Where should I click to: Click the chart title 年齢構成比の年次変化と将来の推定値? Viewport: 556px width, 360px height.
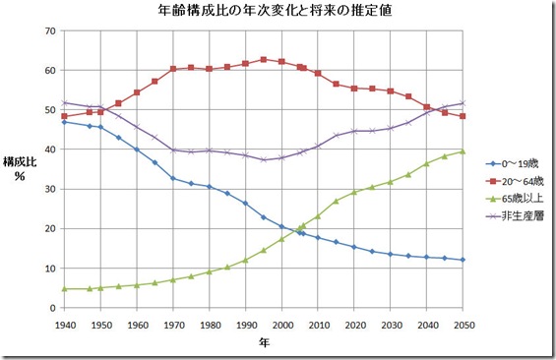click(x=278, y=13)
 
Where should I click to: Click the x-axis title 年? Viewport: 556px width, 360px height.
click(x=263, y=342)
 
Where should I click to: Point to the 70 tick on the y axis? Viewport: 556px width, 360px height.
click(x=49, y=31)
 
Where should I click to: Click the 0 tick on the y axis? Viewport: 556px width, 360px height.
click(x=52, y=308)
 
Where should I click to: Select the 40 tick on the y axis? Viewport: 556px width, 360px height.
click(x=49, y=150)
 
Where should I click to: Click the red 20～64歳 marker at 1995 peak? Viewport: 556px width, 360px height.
click(x=264, y=60)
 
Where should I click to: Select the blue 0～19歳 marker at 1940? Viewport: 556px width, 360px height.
click(x=64, y=122)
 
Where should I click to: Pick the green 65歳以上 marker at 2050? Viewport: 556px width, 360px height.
click(x=463, y=151)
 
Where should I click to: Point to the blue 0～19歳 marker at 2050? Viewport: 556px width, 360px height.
click(x=463, y=260)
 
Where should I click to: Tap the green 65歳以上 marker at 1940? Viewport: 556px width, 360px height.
click(x=64, y=289)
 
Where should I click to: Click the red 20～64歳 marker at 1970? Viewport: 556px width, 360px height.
click(x=173, y=69)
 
